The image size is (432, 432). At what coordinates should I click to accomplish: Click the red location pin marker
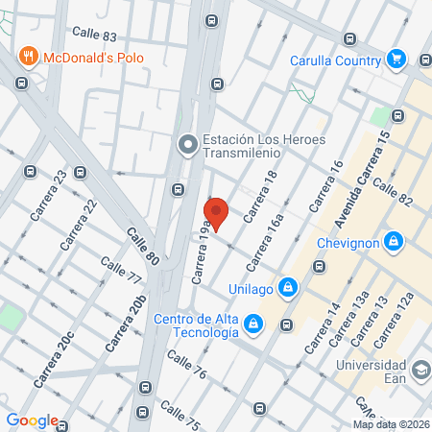216,212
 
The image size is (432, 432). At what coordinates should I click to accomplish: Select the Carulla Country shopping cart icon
396,60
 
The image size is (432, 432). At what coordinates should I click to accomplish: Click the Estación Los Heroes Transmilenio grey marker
187,144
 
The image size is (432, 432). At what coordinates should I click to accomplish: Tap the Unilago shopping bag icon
287,286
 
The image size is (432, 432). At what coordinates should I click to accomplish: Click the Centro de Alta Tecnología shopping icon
252,324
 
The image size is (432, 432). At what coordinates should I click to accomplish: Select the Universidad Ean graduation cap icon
420,370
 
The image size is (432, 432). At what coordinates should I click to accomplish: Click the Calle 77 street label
121,273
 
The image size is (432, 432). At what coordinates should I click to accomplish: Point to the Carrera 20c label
55,358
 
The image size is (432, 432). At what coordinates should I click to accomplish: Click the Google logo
32,420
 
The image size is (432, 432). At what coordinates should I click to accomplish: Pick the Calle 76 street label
186,365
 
